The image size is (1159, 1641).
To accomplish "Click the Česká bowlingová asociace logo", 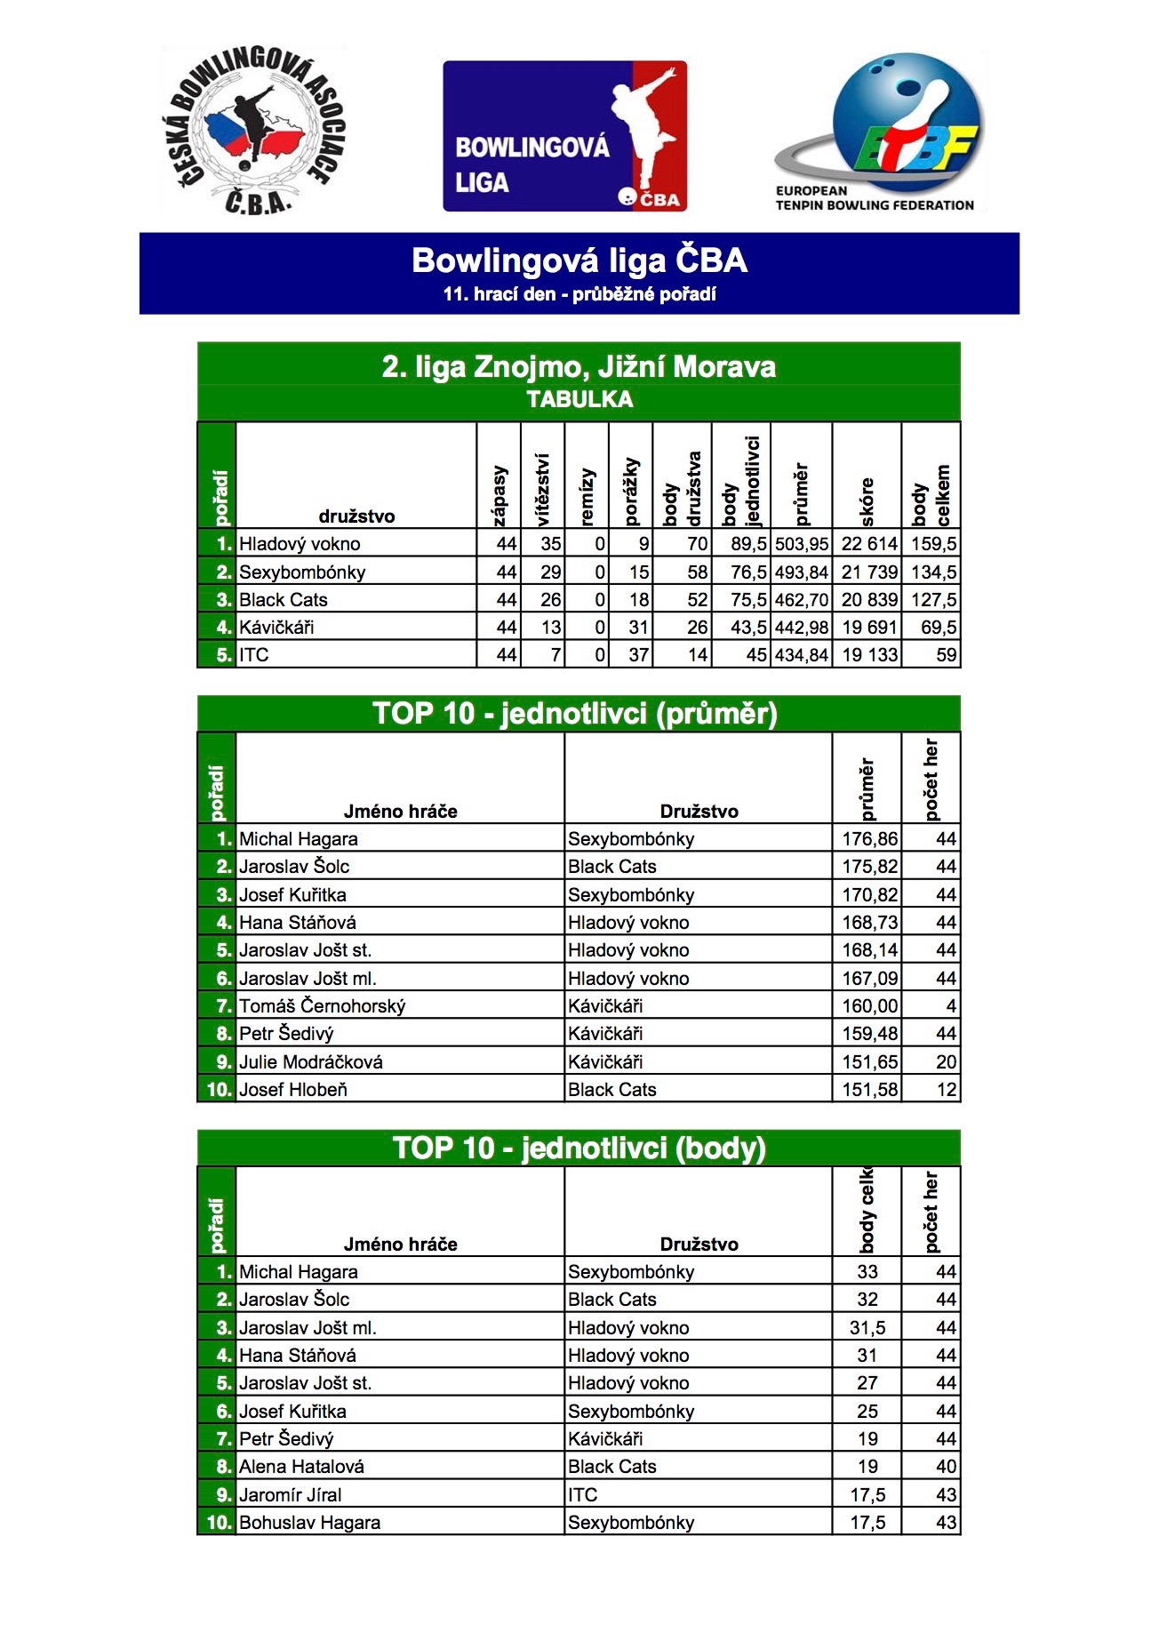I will tap(254, 132).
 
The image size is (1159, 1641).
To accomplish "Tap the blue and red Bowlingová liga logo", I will tap(564, 136).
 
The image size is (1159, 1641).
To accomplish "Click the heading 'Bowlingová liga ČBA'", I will tap(579, 260).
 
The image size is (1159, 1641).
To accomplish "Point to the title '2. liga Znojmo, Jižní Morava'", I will tap(579, 366).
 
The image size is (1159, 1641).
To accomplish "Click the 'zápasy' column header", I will tap(500, 494).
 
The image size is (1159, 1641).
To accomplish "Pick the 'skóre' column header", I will tap(867, 501).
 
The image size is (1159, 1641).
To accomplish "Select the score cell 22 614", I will tap(869, 544).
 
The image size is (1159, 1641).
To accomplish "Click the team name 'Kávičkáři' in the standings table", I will tap(276, 628).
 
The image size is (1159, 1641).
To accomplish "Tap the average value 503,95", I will tap(802, 544).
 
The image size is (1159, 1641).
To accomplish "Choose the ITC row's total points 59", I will tap(946, 655).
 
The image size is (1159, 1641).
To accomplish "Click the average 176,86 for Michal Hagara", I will tap(869, 839).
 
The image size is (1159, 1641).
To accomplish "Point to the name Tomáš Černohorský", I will tap(323, 1006).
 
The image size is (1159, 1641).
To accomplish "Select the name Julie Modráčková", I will tap(311, 1062).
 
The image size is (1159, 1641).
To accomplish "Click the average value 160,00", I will tap(869, 1006).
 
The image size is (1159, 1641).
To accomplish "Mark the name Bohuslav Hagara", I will tap(309, 1523).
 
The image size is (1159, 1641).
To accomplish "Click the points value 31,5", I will tap(867, 1328).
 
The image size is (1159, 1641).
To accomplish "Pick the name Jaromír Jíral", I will tap(290, 1495).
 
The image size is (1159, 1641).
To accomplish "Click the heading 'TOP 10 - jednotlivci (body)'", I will tap(579, 1148).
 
